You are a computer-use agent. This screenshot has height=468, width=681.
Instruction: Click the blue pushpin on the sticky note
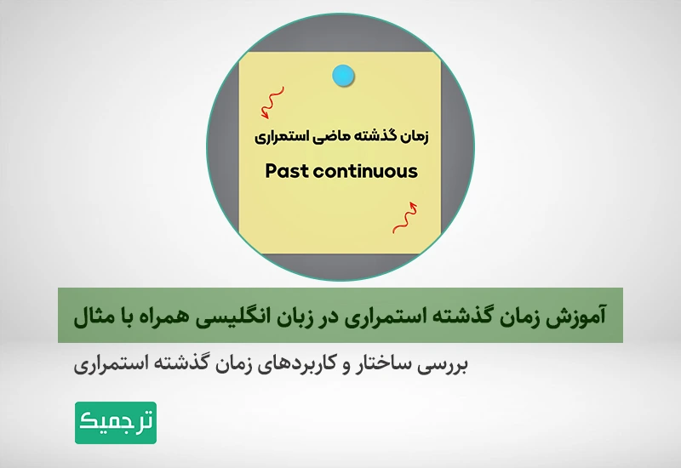tap(343, 76)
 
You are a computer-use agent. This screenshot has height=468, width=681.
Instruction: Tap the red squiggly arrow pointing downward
tap(273, 102)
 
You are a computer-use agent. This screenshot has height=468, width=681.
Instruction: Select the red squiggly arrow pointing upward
tap(405, 218)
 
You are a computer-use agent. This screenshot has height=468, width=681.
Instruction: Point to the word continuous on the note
tap(365, 171)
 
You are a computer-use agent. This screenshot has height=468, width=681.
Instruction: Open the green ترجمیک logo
tap(116, 422)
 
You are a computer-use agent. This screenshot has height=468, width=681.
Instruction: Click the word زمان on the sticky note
tap(415, 137)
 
